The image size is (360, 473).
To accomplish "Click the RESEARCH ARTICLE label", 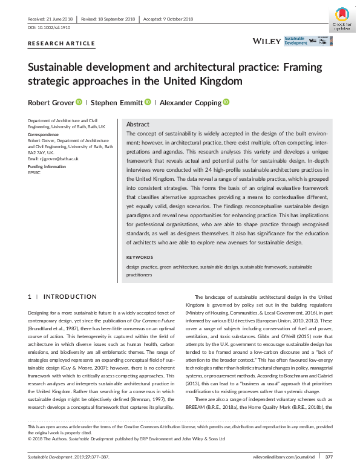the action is pyautogui.click(x=62, y=44).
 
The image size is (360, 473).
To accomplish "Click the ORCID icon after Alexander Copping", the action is pyautogui.click(x=226, y=102).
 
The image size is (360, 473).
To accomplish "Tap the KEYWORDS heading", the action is pyautogui.click(x=140, y=258).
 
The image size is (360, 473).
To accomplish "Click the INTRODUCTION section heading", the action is pyautogui.click(x=70, y=297).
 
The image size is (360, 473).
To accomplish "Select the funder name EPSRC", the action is pyautogui.click(x=34, y=172).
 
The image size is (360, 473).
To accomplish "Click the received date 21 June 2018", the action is pyautogui.click(x=56, y=19).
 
